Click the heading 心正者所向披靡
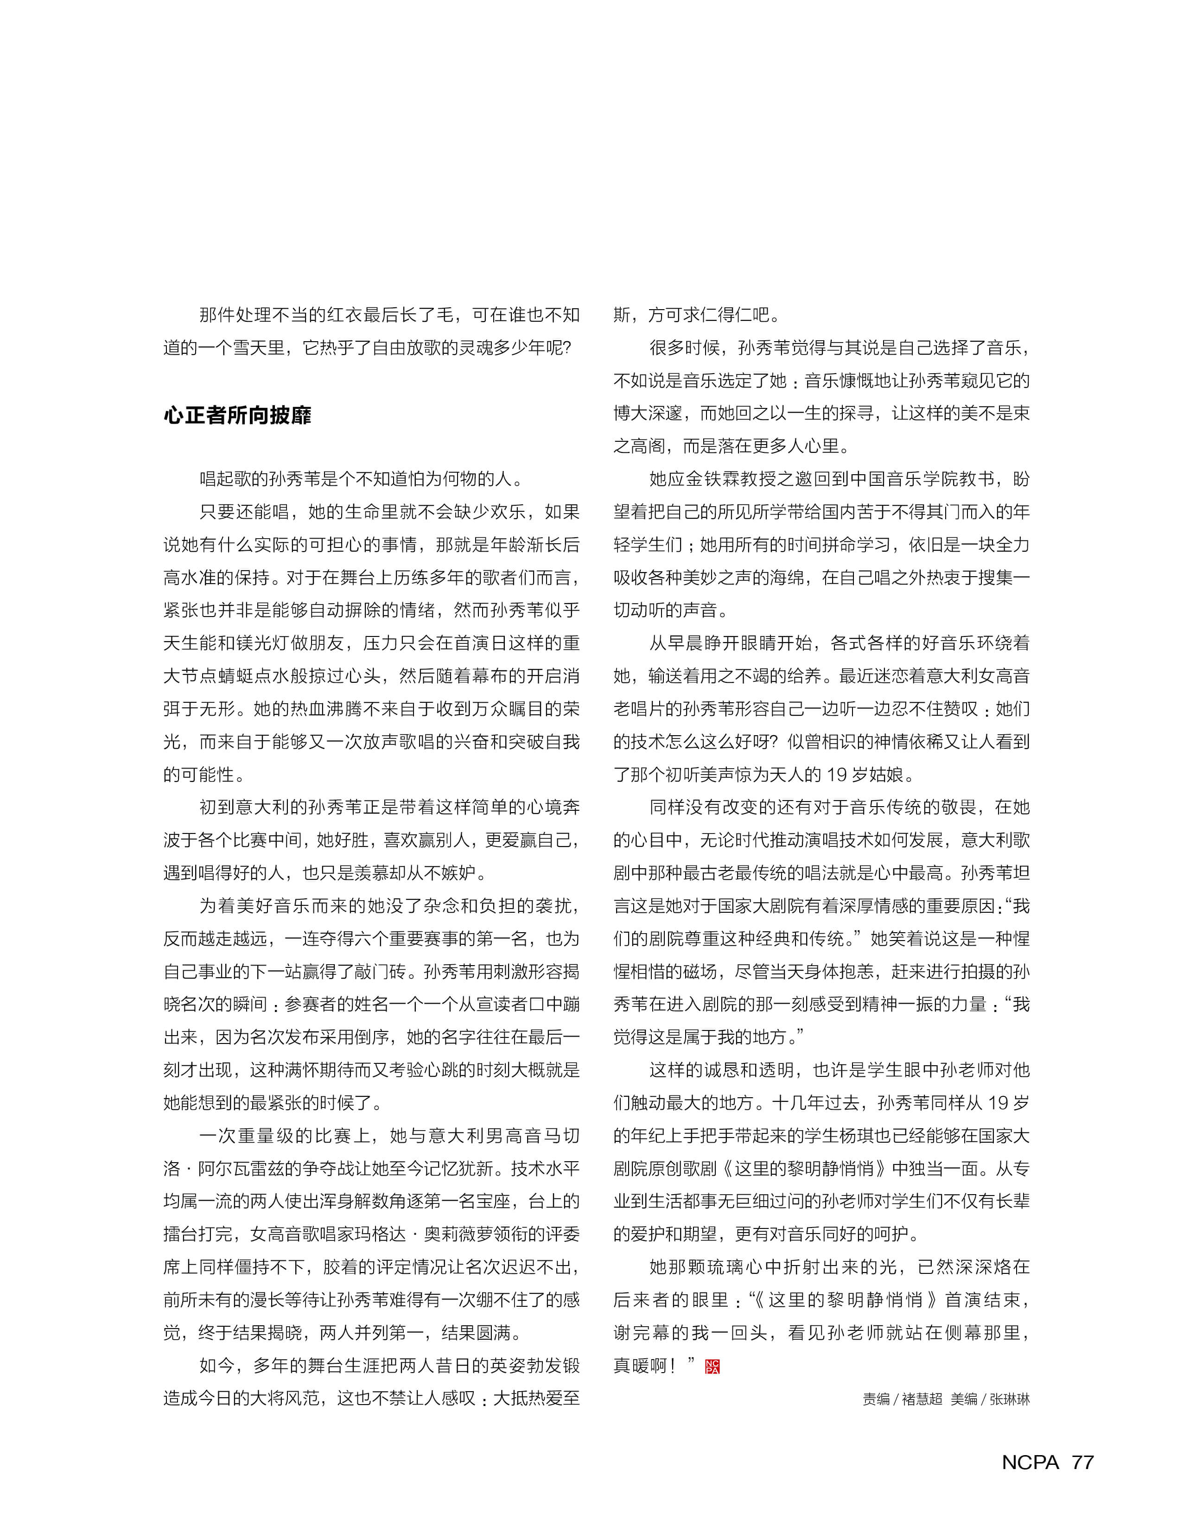tap(237, 415)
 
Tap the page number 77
tap(1082, 1462)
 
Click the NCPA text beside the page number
tap(1030, 1462)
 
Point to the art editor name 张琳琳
tap(1010, 1399)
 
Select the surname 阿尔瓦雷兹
tap(243, 1168)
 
